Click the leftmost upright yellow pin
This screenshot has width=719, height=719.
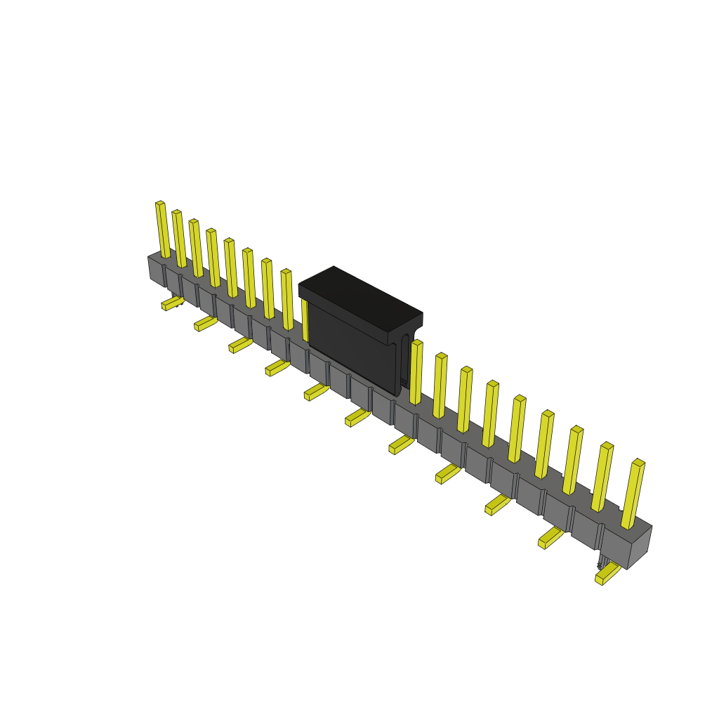[162, 230]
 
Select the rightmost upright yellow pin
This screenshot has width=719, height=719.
[633, 494]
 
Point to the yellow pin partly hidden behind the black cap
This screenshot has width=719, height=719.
[305, 319]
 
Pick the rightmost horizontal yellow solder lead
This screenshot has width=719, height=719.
[607, 573]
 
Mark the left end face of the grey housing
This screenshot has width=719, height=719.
[156, 270]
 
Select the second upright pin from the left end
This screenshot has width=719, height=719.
[179, 239]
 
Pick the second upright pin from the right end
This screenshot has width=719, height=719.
[602, 477]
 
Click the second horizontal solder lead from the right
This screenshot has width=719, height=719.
[550, 537]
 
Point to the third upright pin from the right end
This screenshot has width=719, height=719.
[572, 461]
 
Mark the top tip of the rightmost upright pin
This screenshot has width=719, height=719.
[638, 463]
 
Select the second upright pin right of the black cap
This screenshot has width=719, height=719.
[440, 385]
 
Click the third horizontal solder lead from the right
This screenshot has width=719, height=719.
[497, 504]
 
